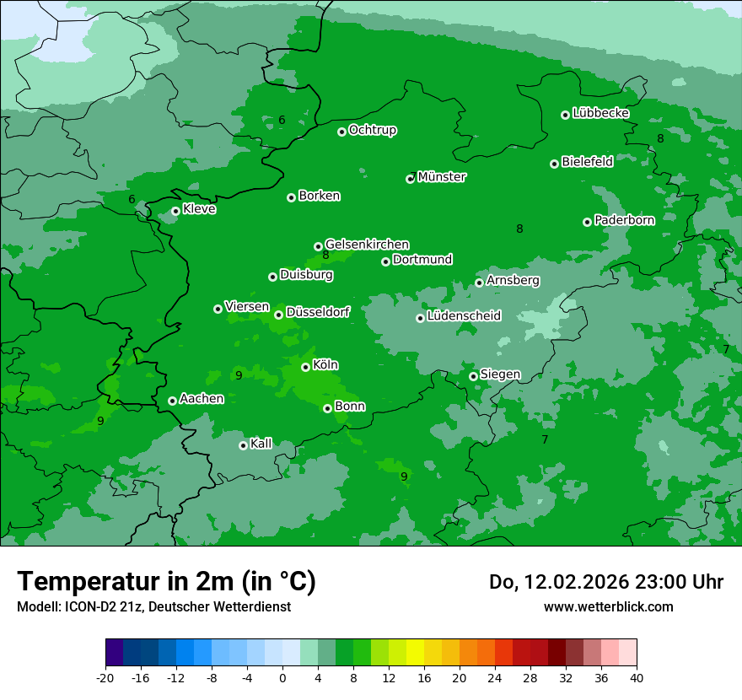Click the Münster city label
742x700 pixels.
(x=442, y=177)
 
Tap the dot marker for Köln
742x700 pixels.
(x=305, y=367)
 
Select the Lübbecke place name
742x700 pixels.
(x=600, y=113)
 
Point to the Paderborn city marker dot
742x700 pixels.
(x=587, y=222)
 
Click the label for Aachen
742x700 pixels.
(x=202, y=399)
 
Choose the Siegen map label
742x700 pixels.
(x=500, y=374)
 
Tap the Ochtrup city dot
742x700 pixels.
(x=341, y=132)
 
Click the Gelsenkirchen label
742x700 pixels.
(x=367, y=245)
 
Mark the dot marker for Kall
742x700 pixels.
(x=243, y=445)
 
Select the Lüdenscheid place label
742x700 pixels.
(x=464, y=316)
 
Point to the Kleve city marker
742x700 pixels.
(x=175, y=211)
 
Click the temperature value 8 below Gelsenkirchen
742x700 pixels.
(x=325, y=256)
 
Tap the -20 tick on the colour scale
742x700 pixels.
(x=105, y=677)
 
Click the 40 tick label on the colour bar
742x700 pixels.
(x=636, y=677)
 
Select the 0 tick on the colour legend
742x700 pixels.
(x=282, y=677)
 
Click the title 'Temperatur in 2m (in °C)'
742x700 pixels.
(x=166, y=581)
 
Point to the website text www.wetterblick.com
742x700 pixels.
(x=608, y=606)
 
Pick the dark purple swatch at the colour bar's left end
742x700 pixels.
(x=114, y=653)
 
